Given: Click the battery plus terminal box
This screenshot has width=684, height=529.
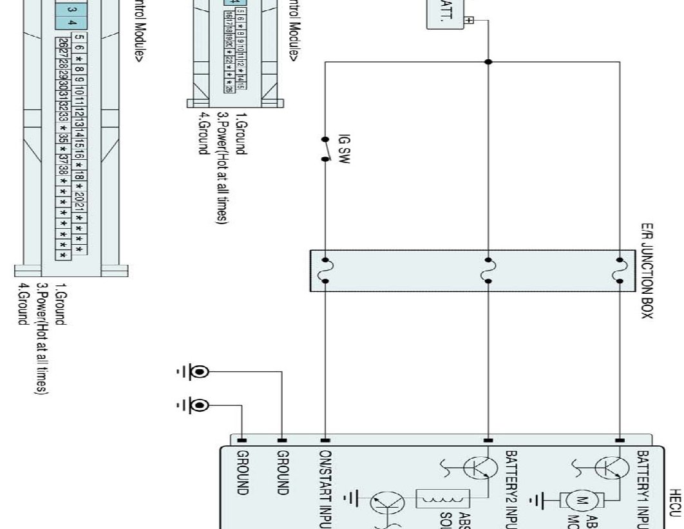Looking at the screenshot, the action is pos(468,19).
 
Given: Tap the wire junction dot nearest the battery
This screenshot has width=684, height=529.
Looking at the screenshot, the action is pos(488,62).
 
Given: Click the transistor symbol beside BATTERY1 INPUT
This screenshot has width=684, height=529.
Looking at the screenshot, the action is pos(605,469).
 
